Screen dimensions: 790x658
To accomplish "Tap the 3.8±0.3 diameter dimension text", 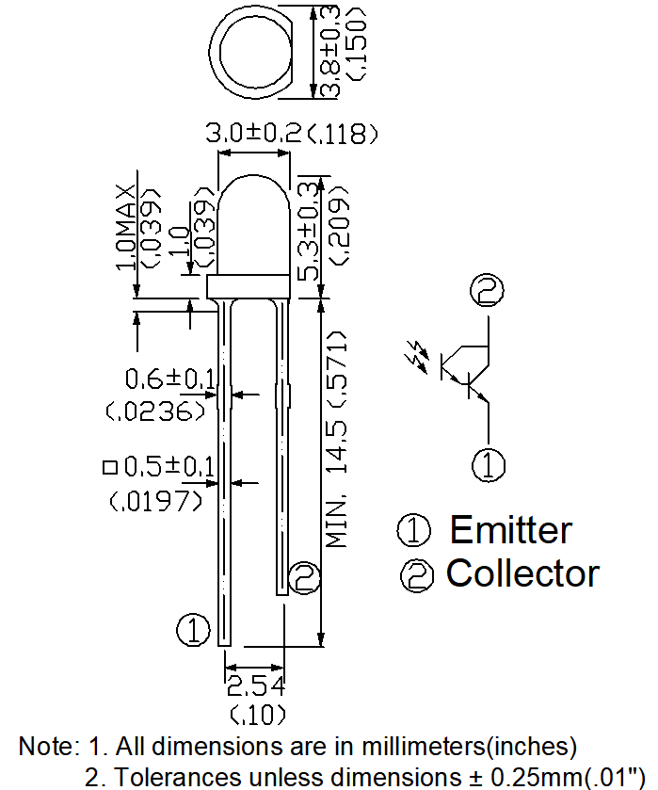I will tap(330, 52).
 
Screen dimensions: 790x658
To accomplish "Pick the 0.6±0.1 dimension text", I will tap(170, 379).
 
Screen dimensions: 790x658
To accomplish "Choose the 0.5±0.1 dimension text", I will tap(170, 466).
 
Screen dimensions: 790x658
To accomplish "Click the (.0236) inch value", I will tap(156, 411).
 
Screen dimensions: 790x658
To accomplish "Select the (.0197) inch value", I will tap(156, 501).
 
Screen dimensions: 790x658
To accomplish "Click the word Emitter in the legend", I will tap(510, 530).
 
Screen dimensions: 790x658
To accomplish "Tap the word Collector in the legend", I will tap(522, 572).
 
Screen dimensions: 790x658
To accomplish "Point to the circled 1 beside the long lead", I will tap(193, 629).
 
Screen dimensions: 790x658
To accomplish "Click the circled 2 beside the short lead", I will tap(305, 576).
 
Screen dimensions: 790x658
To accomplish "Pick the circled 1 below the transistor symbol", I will tap(488, 465).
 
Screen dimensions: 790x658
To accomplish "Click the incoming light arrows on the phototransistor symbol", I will tap(414, 356).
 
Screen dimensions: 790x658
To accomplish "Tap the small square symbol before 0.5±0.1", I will tap(110, 467).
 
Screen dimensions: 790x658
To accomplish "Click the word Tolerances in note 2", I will tap(170, 777).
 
